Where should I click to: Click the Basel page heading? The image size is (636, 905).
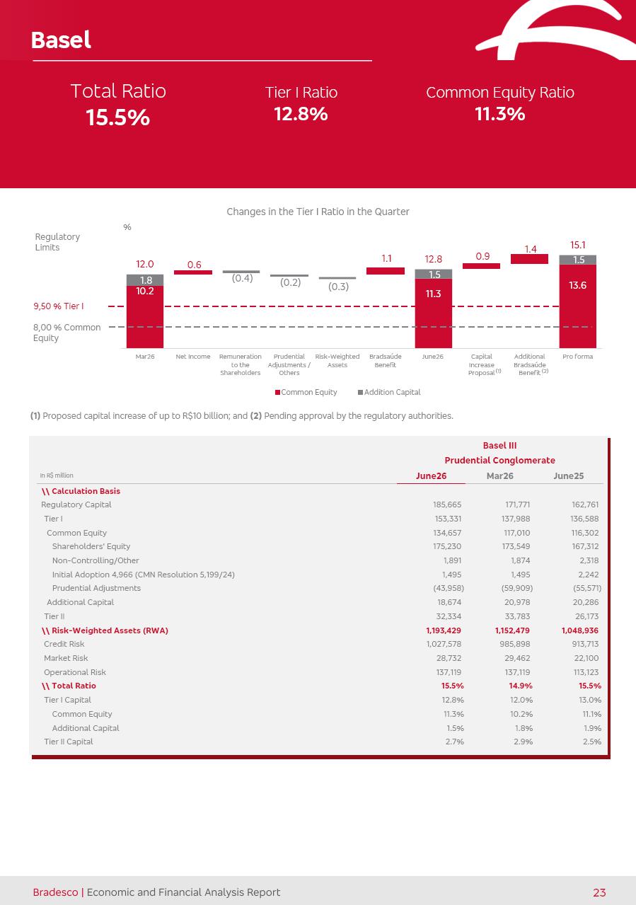[61, 40]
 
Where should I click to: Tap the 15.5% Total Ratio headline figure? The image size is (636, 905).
[118, 117]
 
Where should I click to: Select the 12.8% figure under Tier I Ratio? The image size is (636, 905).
[301, 113]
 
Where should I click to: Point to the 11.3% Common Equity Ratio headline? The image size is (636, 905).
[500, 113]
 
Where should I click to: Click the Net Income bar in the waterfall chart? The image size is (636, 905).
[193, 272]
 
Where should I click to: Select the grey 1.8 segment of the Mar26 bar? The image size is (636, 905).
[145, 280]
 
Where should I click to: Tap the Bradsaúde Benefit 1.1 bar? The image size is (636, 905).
[386, 271]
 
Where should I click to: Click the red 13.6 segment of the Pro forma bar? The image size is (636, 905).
[578, 306]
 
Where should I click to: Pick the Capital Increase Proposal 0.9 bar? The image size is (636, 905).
[481, 266]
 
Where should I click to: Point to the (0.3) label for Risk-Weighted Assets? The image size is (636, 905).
[338, 287]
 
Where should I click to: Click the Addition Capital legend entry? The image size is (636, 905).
[389, 392]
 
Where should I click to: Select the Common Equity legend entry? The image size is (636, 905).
[306, 392]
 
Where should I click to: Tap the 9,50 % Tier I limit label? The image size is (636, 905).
[59, 306]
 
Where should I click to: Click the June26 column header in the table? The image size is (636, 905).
[431, 476]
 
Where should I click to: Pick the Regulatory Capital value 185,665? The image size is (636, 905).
[447, 505]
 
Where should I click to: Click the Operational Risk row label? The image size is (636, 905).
[75, 672]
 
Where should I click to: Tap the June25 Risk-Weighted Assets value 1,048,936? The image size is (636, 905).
[580, 630]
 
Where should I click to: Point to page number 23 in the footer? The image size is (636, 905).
[599, 892]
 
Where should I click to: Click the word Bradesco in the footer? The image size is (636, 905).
[55, 892]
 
